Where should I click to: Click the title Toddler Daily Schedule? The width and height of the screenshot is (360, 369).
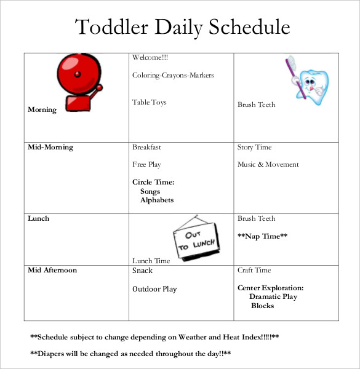tap(182, 27)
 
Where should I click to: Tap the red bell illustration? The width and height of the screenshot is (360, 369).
tap(79, 81)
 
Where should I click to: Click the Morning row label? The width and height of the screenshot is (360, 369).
tap(42, 109)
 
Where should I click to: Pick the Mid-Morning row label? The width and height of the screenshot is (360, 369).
tap(50, 148)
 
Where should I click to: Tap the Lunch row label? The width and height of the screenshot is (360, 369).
tap(38, 218)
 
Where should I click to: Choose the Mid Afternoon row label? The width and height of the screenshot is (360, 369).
tap(52, 271)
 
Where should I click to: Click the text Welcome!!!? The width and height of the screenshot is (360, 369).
tap(150, 58)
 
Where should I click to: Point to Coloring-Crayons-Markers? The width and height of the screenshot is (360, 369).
tap(173, 76)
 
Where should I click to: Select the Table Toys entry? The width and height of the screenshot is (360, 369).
tap(150, 102)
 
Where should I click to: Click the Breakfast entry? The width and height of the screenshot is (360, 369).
tap(146, 148)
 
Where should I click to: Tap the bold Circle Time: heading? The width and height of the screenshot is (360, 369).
tap(153, 182)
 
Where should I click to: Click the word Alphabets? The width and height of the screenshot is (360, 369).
tap(157, 200)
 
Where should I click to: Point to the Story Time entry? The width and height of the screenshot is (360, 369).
tap(254, 148)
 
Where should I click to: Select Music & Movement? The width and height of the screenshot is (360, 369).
tap(268, 164)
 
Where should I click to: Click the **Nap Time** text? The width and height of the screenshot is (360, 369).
tap(263, 236)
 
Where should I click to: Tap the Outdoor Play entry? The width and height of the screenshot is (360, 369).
tap(154, 288)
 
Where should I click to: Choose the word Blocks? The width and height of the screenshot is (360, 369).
tap(263, 306)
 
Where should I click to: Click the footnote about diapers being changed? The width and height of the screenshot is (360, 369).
tap(130, 354)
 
